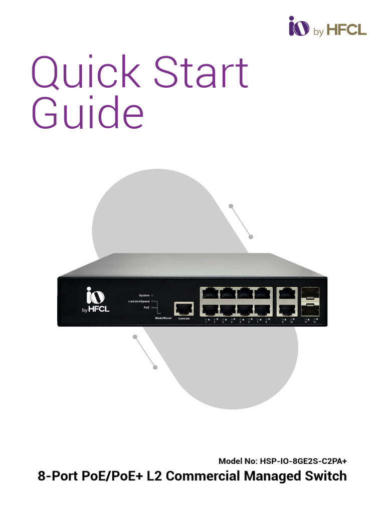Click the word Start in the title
(x=201, y=73)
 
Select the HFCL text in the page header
(x=347, y=31)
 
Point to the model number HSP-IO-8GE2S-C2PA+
(x=302, y=461)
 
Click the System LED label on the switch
(x=144, y=296)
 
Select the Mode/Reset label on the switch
(x=163, y=318)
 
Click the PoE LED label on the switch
(x=146, y=308)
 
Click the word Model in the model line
(x=230, y=461)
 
